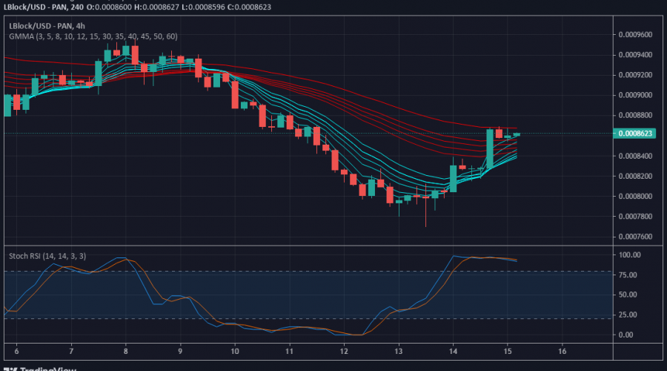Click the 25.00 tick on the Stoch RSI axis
pyautogui.click(x=628, y=315)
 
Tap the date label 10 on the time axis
pyautogui.click(x=235, y=351)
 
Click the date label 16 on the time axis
pyautogui.click(x=563, y=351)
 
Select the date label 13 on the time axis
pyautogui.click(x=399, y=351)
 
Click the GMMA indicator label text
pyautogui.click(x=93, y=36)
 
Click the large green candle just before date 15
pyautogui.click(x=490, y=149)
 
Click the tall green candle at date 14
pyautogui.click(x=453, y=178)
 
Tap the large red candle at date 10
pyautogui.click(x=235, y=94)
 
